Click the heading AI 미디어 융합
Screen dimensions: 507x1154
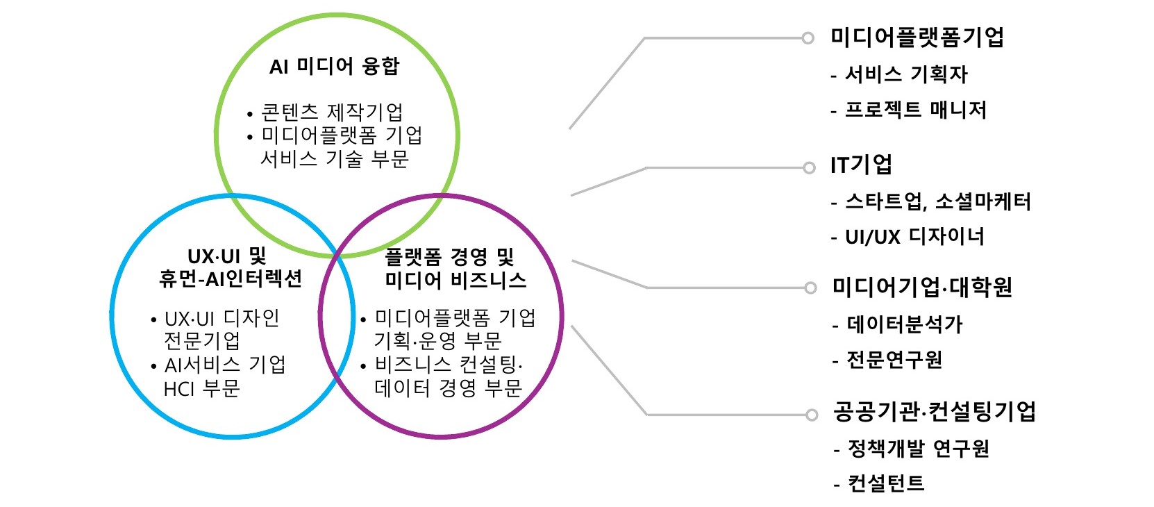[x=334, y=67]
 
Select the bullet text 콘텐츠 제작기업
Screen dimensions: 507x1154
[x=331, y=112]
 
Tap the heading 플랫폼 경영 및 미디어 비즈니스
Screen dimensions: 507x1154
[x=455, y=269]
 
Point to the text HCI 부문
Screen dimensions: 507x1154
[x=201, y=388]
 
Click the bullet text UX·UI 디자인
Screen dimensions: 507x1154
[x=221, y=319]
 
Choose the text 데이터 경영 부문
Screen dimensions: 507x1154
[x=448, y=388]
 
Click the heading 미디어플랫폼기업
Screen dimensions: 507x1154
[x=917, y=38]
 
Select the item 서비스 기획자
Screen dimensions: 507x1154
[x=905, y=74]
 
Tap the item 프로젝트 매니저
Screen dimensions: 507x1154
[x=915, y=110]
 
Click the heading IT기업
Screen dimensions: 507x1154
[x=861, y=165]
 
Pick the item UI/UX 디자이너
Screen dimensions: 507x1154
[x=914, y=237]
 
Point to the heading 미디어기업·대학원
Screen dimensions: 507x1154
[x=922, y=288]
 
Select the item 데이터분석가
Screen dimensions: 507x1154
[x=904, y=324]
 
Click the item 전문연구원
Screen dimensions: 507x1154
[x=894, y=360]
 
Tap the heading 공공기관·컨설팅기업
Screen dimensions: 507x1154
[x=934, y=413]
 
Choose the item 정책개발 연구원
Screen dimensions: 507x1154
[x=918, y=449]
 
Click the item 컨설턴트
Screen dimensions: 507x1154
[x=886, y=483]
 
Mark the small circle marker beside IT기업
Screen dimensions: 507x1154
[x=808, y=167]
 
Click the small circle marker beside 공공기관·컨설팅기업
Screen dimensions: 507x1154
[x=811, y=415]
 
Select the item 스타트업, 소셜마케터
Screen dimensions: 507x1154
[x=937, y=202]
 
